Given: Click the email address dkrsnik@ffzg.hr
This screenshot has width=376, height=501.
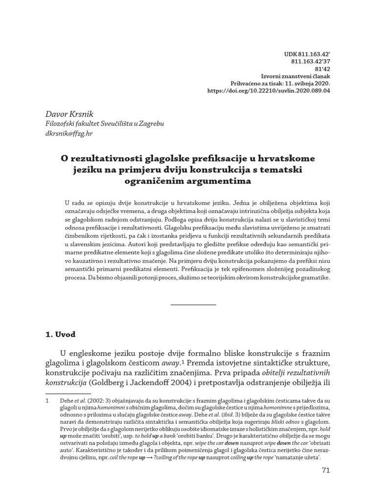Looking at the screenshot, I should point(69,133).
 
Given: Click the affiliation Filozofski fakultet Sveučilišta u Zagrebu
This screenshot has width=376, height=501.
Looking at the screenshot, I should point(105,123).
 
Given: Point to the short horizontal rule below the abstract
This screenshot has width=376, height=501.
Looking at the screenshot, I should point(193,305).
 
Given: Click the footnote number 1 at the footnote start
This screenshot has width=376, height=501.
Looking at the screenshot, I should point(47,400).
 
